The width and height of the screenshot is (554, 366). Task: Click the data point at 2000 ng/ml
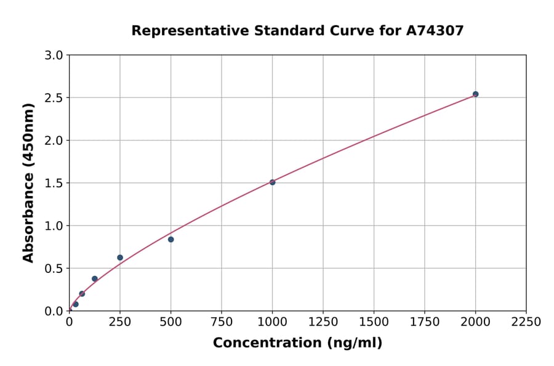[475, 94]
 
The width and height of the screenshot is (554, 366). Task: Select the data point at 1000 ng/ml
[272, 182]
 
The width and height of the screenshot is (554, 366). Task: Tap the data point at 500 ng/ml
[171, 239]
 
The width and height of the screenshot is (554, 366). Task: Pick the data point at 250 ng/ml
[120, 258]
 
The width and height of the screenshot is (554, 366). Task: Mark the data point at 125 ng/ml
[95, 279]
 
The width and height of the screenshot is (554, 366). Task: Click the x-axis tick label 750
[222, 322]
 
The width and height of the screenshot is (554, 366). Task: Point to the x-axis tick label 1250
[323, 322]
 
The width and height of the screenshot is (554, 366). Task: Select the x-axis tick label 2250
[526, 322]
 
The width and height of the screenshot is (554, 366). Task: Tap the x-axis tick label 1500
[374, 322]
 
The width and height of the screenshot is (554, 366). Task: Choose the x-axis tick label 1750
[425, 322]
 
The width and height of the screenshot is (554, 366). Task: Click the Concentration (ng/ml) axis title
[297, 343]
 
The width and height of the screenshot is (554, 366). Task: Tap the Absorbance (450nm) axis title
[28, 182]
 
